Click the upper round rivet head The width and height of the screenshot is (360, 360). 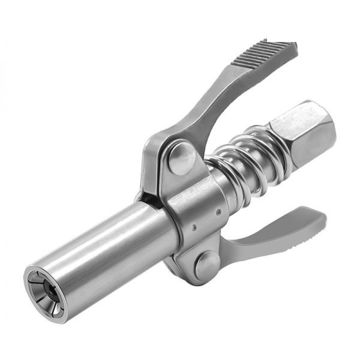(x=182, y=157)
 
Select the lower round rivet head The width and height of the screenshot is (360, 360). (x=206, y=264)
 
